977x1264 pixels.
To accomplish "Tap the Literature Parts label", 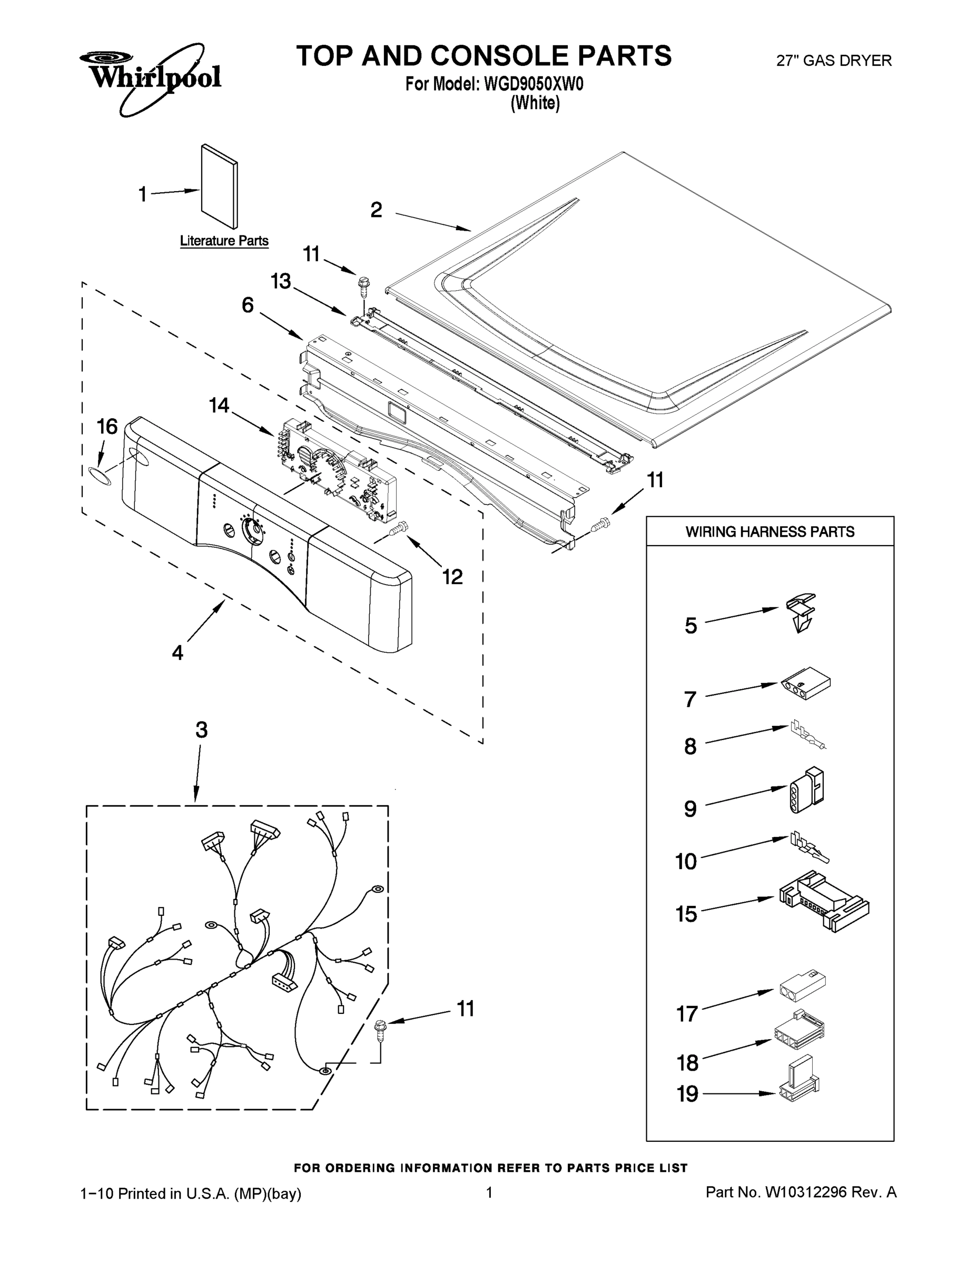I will (x=224, y=241).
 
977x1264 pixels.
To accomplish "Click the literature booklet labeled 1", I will (x=219, y=186).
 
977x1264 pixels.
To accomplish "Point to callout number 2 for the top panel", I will (x=376, y=210).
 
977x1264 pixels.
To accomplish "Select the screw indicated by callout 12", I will (x=400, y=527).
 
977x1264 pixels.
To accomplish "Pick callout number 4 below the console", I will (x=177, y=652).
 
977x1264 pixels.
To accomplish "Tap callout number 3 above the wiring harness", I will (x=201, y=730).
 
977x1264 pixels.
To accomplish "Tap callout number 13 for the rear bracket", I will (x=281, y=281).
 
